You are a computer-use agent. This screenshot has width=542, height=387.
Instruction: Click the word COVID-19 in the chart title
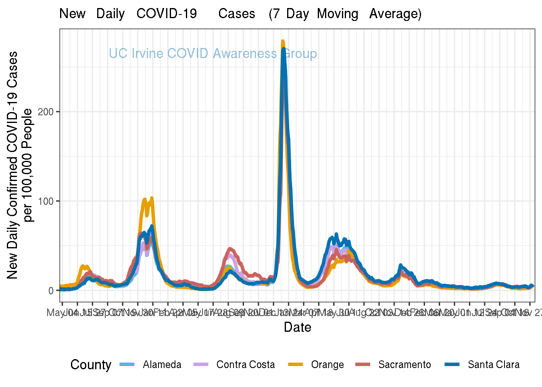[167, 14]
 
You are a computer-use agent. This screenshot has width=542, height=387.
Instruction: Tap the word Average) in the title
[395, 14]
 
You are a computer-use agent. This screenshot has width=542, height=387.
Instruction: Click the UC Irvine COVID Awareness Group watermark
[213, 54]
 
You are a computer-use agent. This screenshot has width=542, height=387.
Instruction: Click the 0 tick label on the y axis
[51, 291]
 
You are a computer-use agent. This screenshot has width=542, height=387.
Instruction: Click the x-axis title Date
[297, 327]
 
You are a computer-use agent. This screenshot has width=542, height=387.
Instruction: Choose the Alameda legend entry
[162, 365]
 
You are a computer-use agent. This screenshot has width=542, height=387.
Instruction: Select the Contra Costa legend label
[245, 365]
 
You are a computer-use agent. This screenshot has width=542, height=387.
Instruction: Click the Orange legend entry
[327, 365]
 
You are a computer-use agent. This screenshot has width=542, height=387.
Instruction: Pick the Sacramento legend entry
[404, 365]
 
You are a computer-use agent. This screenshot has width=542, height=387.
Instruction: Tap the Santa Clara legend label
[493, 365]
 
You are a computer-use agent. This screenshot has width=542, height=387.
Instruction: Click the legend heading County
[91, 365]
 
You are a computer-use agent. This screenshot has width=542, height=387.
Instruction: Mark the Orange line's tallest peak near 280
[283, 41]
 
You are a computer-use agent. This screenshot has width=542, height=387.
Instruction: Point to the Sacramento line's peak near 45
[230, 249]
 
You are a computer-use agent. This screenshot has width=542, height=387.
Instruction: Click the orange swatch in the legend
[296, 365]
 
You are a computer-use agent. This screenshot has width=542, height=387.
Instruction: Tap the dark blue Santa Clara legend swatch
[452, 365]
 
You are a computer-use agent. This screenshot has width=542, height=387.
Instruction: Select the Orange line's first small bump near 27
[83, 266]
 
